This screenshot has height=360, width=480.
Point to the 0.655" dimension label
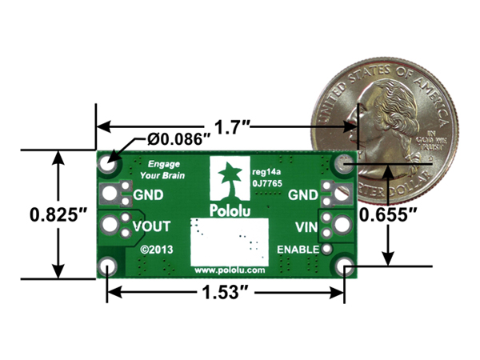[388, 214]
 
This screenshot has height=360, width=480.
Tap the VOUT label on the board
[151, 226]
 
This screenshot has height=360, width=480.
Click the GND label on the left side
[150, 194]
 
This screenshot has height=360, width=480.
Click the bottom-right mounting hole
[345, 266]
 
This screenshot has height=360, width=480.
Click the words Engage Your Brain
[155, 169]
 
